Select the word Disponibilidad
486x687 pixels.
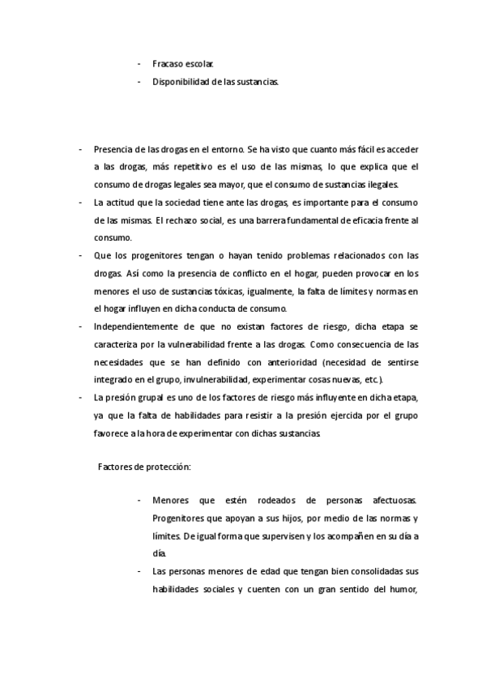181,82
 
